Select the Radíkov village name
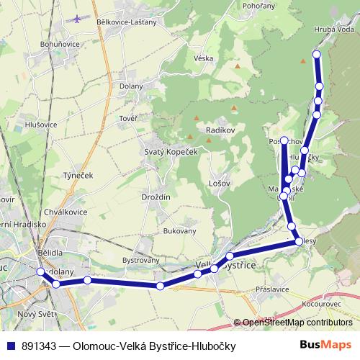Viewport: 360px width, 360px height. point(218,130)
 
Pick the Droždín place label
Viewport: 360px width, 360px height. point(156,197)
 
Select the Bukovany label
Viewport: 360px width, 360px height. point(180,231)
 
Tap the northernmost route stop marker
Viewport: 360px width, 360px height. point(316,55)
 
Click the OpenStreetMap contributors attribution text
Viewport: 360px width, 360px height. point(297,323)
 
